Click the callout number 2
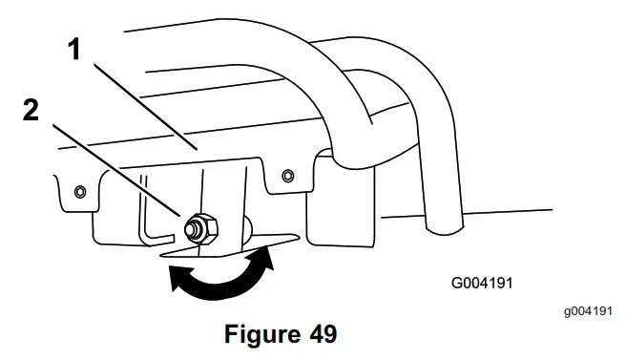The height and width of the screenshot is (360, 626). pyautogui.click(x=32, y=112)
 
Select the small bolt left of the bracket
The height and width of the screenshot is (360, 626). pyautogui.click(x=79, y=190)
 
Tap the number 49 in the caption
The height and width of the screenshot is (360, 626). pyautogui.click(x=315, y=336)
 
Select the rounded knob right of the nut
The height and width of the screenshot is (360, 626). pyautogui.click(x=246, y=227)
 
